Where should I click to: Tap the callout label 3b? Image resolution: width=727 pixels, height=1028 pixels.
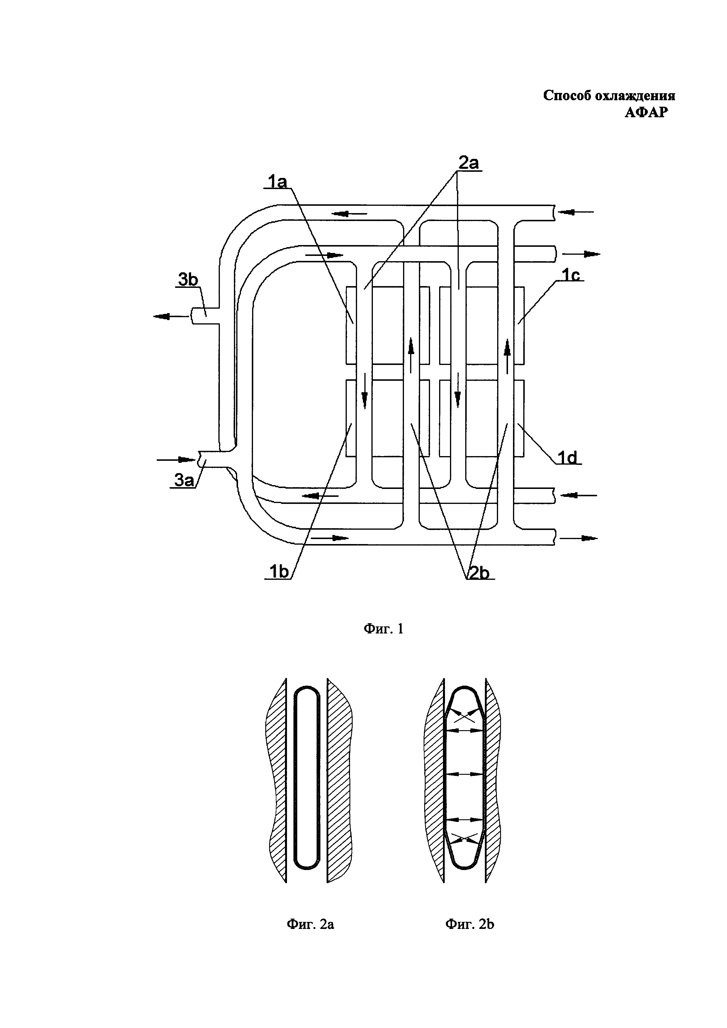[188, 279]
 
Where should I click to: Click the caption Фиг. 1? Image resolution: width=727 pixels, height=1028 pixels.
[383, 629]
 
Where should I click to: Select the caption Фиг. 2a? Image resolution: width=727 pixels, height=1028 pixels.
[310, 924]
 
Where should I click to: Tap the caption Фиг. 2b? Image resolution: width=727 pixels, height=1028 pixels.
[470, 924]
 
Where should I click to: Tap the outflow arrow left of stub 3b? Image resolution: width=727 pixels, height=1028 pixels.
[171, 317]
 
